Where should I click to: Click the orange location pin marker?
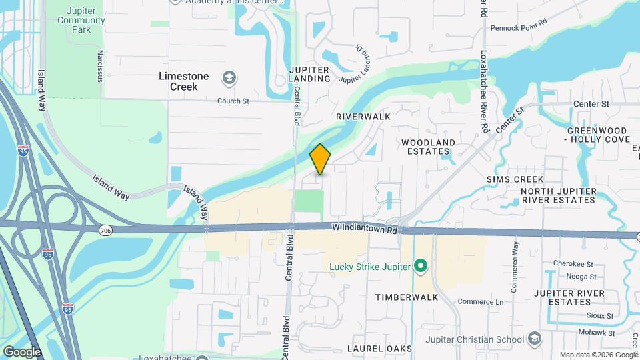click(320, 159)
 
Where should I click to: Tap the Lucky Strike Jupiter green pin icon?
click(420, 267)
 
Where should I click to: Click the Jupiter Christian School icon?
click(533, 339)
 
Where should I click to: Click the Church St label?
click(233, 101)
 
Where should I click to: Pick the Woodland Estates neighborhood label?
click(427, 147)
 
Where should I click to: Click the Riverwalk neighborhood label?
click(363, 116)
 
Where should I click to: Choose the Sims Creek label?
click(515, 179)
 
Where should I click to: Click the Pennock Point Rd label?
click(518, 28)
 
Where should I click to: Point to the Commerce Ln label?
click(480, 302)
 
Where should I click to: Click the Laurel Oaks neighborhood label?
click(379, 349)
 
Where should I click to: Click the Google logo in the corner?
click(22, 351)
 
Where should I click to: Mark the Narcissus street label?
click(100, 66)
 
